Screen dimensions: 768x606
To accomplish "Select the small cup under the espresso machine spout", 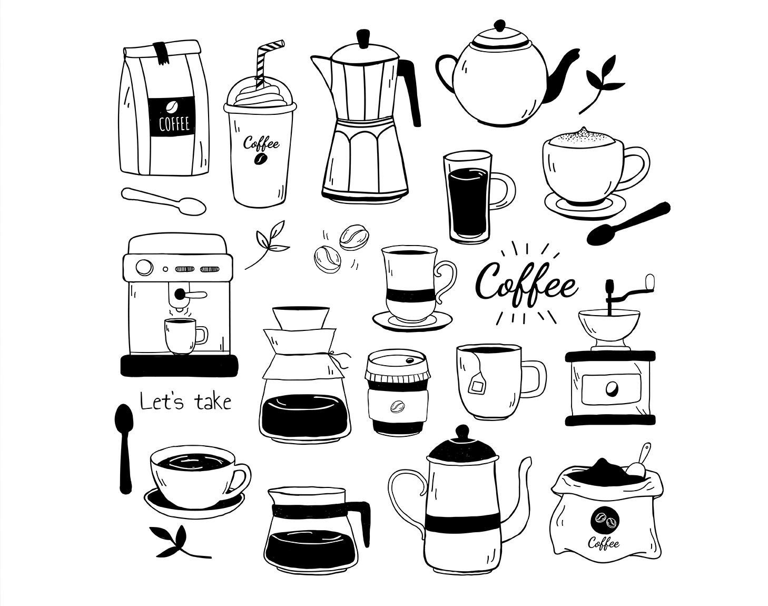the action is coord(185,336).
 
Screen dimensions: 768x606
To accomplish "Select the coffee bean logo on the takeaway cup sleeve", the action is coord(398,406).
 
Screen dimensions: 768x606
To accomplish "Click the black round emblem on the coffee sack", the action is coord(605,521).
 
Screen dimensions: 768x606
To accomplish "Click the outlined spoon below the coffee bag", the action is coord(163,201).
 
